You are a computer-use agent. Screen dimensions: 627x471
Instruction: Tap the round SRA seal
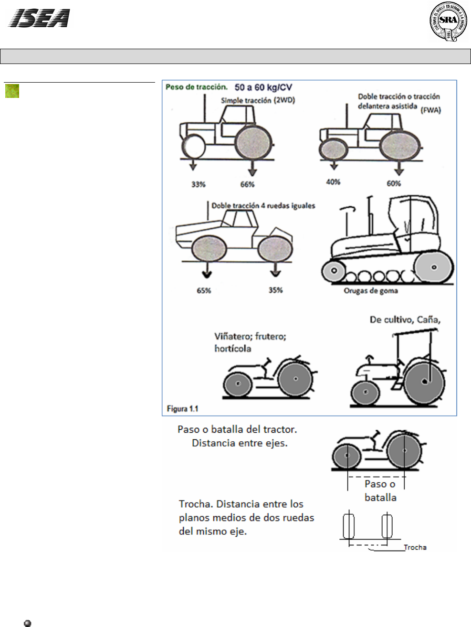click(448, 21)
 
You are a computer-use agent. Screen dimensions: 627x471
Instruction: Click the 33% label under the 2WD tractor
click(198, 184)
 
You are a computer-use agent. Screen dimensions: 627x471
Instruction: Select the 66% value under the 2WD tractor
click(247, 184)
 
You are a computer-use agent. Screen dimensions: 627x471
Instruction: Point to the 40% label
click(333, 182)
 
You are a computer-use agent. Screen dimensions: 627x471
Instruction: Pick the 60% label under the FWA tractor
click(394, 183)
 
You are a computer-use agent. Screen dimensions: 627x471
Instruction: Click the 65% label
click(204, 290)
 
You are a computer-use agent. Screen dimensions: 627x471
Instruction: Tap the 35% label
click(275, 290)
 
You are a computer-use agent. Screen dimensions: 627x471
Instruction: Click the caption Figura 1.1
click(182, 409)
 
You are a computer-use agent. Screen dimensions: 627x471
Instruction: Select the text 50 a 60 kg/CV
click(263, 87)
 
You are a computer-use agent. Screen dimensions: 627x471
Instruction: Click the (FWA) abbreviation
click(430, 110)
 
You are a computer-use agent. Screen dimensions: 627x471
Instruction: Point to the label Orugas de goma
click(371, 291)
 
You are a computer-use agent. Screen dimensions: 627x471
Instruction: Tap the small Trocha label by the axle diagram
click(415, 547)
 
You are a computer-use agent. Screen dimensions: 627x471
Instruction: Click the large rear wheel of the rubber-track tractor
click(434, 267)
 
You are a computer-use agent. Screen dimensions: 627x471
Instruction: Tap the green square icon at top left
click(12, 91)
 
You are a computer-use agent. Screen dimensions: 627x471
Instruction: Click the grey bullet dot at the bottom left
click(27, 623)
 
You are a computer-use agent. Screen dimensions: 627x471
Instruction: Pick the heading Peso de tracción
click(196, 87)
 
